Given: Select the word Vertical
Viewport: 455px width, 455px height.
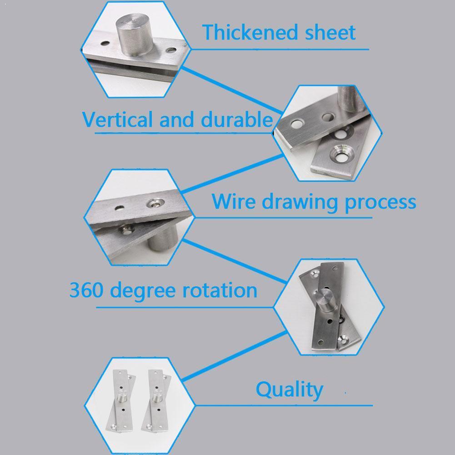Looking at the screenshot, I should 117,120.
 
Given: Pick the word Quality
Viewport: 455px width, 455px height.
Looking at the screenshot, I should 289,390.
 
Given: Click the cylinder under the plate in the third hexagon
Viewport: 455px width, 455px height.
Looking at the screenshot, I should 164,239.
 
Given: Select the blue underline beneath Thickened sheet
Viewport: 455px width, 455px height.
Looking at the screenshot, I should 280,49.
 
